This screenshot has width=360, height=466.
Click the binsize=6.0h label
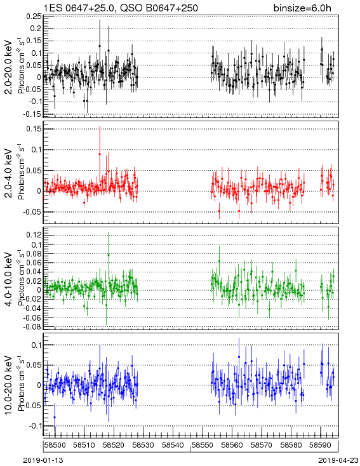coord(302,8)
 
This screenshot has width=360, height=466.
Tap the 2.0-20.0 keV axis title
coord(9,67)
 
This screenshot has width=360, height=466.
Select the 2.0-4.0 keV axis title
coord(9,173)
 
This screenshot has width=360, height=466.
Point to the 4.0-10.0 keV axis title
coord(9,279)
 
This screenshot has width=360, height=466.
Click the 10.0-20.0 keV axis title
coord(9,385)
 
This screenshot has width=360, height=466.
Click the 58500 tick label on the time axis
coord(55,445)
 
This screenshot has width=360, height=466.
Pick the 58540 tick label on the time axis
coord(173,445)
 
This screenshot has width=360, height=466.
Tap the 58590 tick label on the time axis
coord(320,445)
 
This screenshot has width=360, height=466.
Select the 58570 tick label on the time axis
coord(262,445)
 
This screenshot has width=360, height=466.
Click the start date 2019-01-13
coord(43,460)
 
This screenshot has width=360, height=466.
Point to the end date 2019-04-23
coord(338,460)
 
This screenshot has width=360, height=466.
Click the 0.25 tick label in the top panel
coord(34,17)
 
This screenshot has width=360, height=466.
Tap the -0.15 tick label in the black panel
coord(33,114)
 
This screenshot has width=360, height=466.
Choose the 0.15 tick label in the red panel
coord(34,129)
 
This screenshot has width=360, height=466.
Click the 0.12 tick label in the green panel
coord(34,235)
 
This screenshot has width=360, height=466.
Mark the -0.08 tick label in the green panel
coord(33,327)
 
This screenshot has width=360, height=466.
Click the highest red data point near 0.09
coord(100,154)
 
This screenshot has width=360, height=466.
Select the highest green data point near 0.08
coord(109,255)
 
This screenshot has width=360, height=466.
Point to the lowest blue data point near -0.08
coord(55,417)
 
